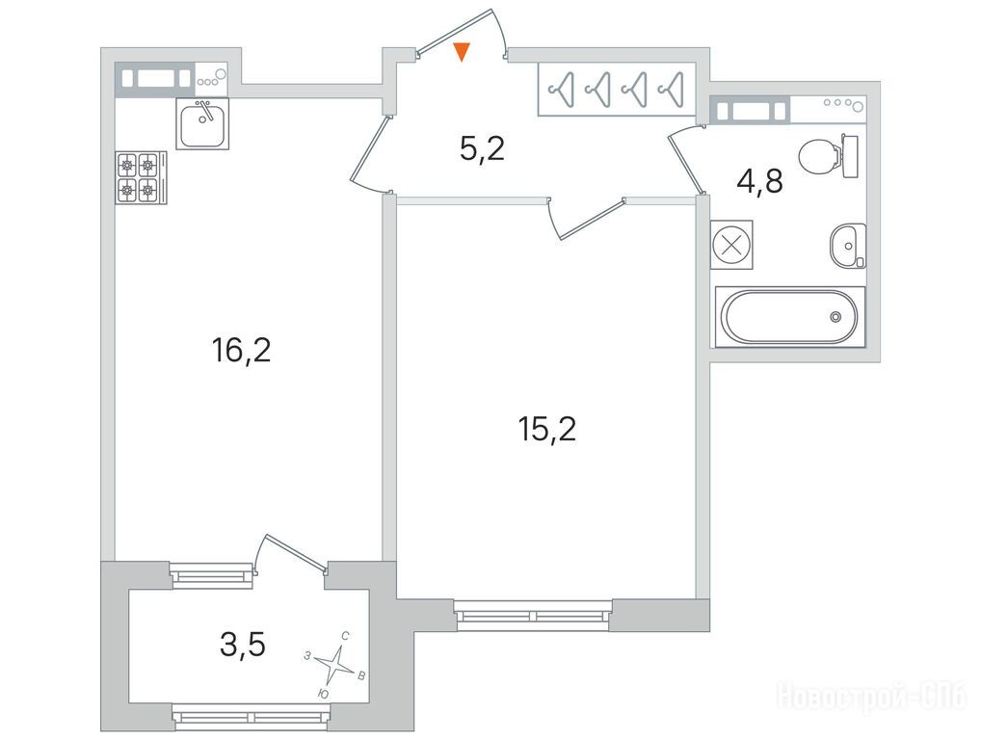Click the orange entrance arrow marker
point(462,51)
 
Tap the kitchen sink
point(202,123)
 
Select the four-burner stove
point(141,177)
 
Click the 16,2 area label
point(242,350)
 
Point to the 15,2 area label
point(546,430)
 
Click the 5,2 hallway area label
point(482,149)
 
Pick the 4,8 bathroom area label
point(760,182)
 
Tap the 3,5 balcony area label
point(243,645)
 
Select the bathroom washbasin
point(848,246)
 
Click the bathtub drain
point(835,317)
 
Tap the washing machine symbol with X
point(731,245)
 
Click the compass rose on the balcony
point(337,664)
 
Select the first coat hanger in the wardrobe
point(561,90)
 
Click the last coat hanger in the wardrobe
point(671,90)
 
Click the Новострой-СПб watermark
point(871,696)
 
